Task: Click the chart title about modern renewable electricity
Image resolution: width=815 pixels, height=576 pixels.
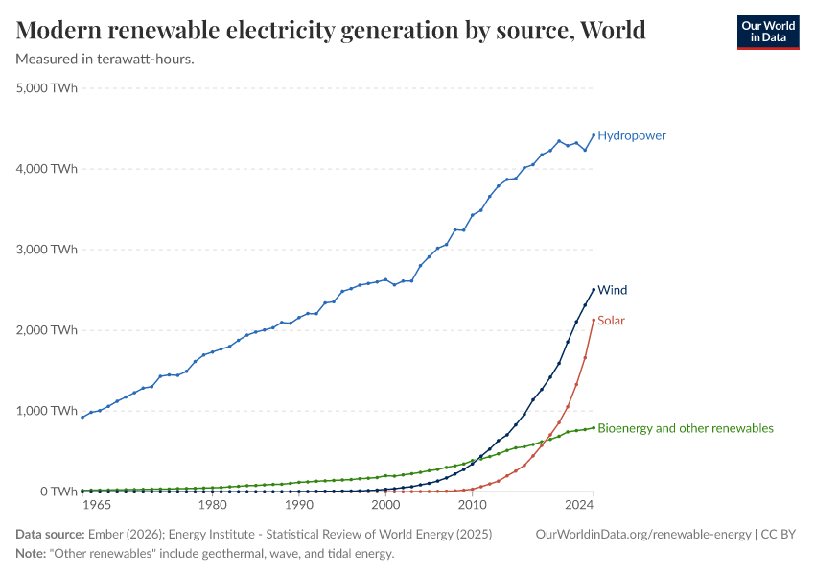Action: click(331, 30)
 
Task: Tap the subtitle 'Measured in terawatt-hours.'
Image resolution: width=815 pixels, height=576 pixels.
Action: click(105, 60)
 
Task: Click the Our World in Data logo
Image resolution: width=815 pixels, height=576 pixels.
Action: click(767, 32)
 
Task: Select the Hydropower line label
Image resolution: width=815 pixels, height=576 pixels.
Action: click(631, 135)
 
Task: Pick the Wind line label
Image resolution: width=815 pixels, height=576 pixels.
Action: click(612, 290)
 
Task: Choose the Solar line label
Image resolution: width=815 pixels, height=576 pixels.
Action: click(611, 321)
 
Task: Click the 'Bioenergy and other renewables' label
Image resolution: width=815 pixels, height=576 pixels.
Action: click(685, 428)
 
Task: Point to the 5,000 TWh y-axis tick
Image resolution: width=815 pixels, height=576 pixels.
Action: click(47, 88)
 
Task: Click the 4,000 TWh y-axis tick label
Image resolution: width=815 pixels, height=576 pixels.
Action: click(47, 169)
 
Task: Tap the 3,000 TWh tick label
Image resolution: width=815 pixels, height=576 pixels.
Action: click(47, 250)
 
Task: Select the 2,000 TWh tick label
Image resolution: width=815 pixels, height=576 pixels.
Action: click(47, 330)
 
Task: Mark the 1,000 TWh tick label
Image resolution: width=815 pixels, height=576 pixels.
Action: click(47, 411)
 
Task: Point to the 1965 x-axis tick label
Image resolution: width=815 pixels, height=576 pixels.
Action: click(97, 505)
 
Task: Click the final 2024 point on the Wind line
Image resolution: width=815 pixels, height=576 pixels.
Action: click(594, 289)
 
